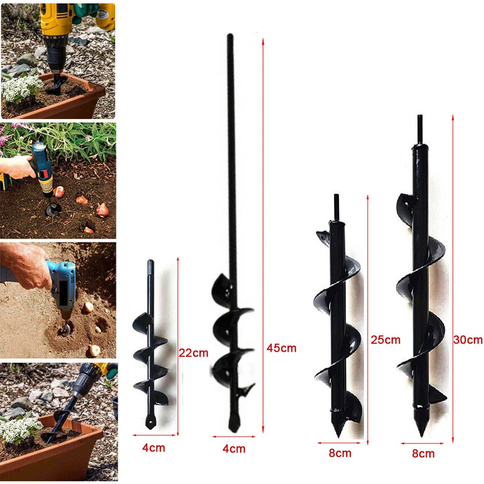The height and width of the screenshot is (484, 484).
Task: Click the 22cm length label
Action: point(194,353)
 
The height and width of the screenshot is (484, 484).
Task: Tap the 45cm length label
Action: point(282,348)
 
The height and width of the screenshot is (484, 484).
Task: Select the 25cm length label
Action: point(386,340)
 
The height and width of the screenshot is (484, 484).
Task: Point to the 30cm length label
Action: point(468,340)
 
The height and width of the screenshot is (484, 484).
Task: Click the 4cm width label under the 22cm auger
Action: point(154,448)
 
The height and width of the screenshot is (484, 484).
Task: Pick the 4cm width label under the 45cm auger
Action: point(234,449)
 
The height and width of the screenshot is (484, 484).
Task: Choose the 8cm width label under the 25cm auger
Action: point(340,453)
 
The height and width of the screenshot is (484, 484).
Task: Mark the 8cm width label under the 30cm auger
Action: point(423,454)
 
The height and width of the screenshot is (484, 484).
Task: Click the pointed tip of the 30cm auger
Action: point(422,436)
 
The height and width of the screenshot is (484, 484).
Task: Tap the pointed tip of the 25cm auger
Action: point(339,437)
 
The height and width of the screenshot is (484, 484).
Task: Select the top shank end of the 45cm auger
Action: point(230,35)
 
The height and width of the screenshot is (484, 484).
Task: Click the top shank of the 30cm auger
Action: point(420,129)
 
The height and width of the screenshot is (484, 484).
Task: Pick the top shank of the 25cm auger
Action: point(336,207)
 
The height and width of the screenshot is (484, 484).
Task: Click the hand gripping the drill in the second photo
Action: point(17,166)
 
